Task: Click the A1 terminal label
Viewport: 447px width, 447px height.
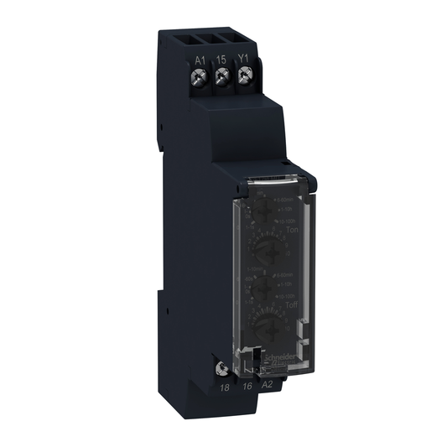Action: point(199,60)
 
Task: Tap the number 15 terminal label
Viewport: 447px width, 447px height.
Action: point(222,60)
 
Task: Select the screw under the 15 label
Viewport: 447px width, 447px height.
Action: point(222,78)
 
